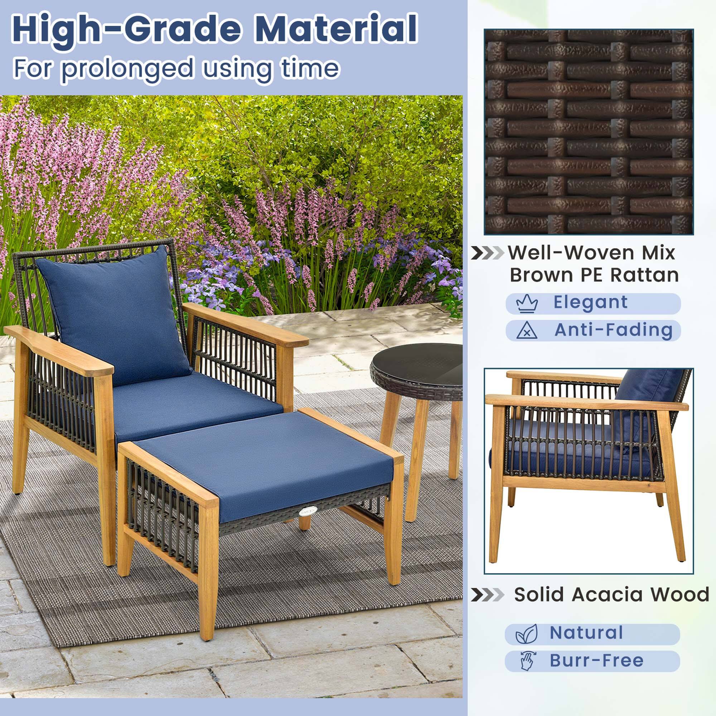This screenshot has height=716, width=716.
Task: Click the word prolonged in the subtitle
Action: [127, 69]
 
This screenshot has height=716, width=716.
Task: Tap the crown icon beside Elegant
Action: [527, 304]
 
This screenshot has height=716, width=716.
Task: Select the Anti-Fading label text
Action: [613, 330]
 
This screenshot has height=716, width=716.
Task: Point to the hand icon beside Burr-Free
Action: [527, 661]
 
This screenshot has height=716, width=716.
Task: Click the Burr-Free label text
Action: [596, 661]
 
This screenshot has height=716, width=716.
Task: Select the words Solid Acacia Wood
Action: [611, 594]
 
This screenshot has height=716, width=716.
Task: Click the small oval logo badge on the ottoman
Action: [308, 511]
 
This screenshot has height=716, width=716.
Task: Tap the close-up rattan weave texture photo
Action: [589, 131]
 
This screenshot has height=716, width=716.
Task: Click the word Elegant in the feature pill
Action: [590, 302]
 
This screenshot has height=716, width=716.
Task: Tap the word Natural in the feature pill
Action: [586, 633]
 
